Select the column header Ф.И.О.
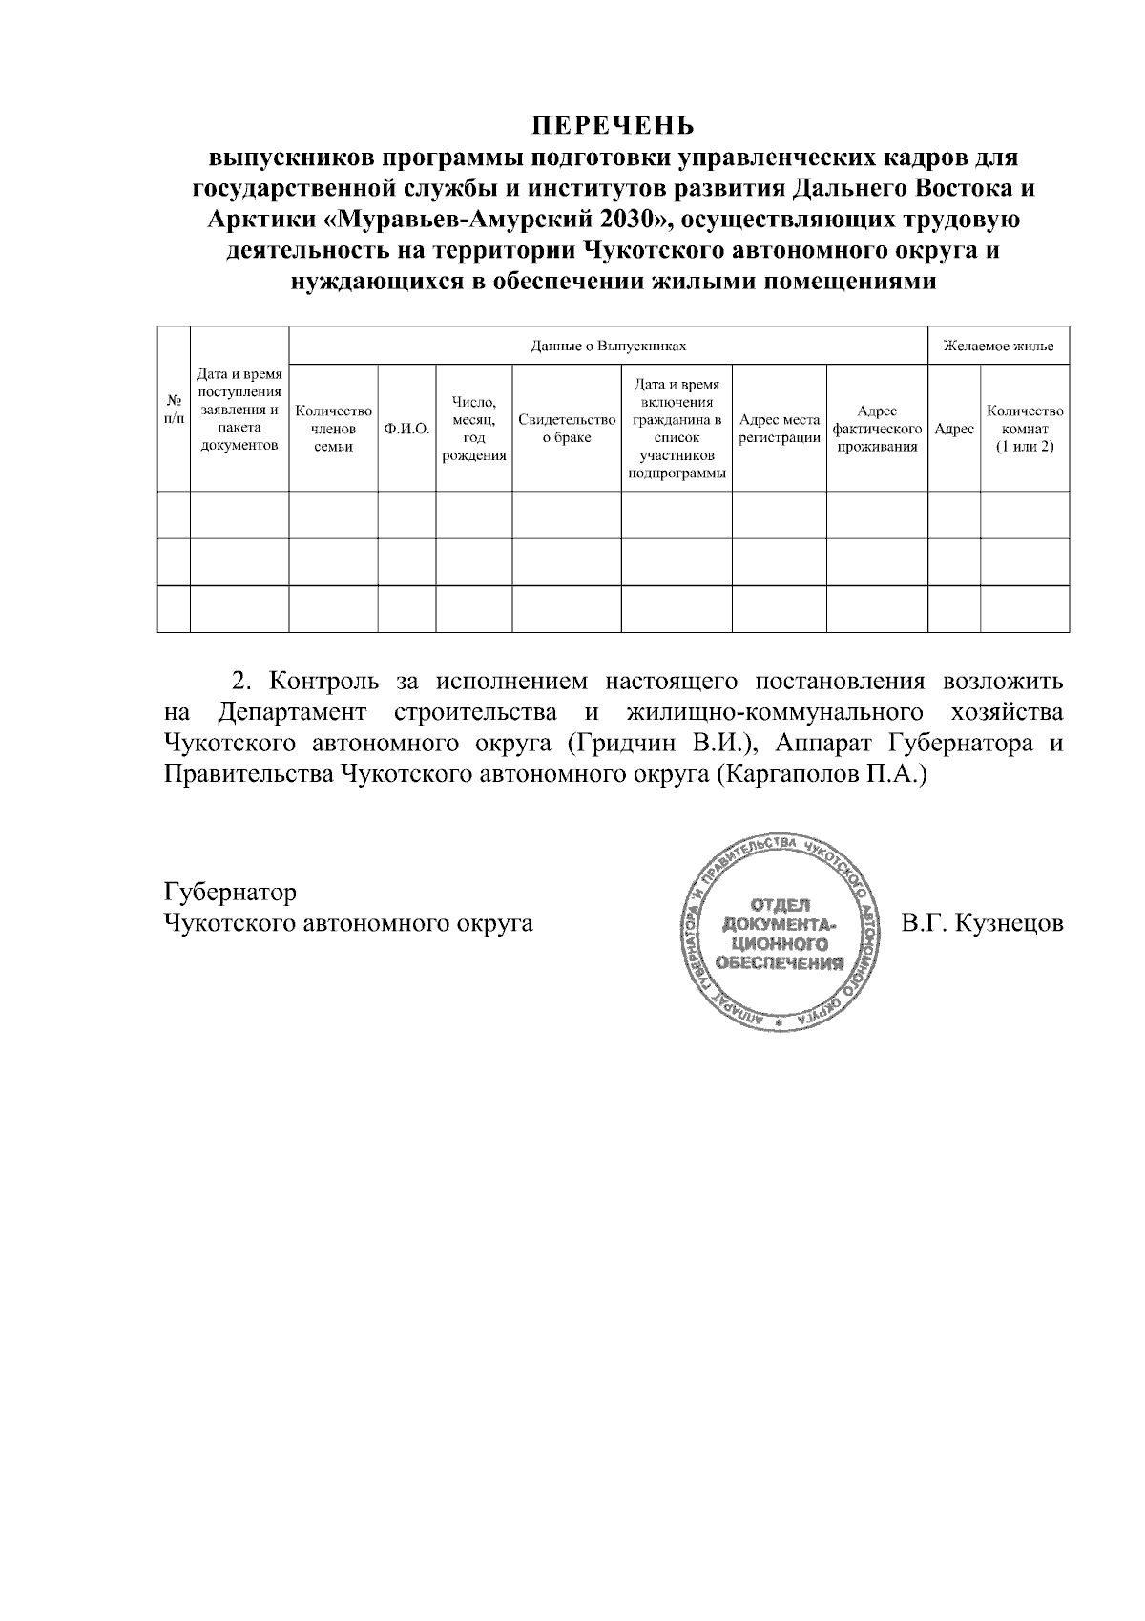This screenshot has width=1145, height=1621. tap(406, 430)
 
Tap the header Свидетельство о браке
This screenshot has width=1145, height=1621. tap(567, 429)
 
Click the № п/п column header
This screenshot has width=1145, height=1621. tap(174, 409)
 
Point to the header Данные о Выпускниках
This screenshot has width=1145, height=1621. tap(608, 346)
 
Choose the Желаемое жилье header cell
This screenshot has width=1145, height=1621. tap(998, 346)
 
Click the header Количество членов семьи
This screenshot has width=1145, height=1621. tap(333, 429)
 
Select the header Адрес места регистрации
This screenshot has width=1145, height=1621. tap(779, 429)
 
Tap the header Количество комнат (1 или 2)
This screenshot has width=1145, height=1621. tap(1025, 429)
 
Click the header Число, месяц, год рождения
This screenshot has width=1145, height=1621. tap(473, 429)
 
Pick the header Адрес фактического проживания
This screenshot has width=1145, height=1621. tap(876, 429)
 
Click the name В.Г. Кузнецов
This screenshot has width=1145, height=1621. tap(982, 924)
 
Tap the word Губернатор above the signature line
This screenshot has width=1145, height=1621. tap(230, 893)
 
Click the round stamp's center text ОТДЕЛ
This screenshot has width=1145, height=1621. tap(781, 904)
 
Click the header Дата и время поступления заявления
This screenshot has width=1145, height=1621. tap(239, 411)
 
